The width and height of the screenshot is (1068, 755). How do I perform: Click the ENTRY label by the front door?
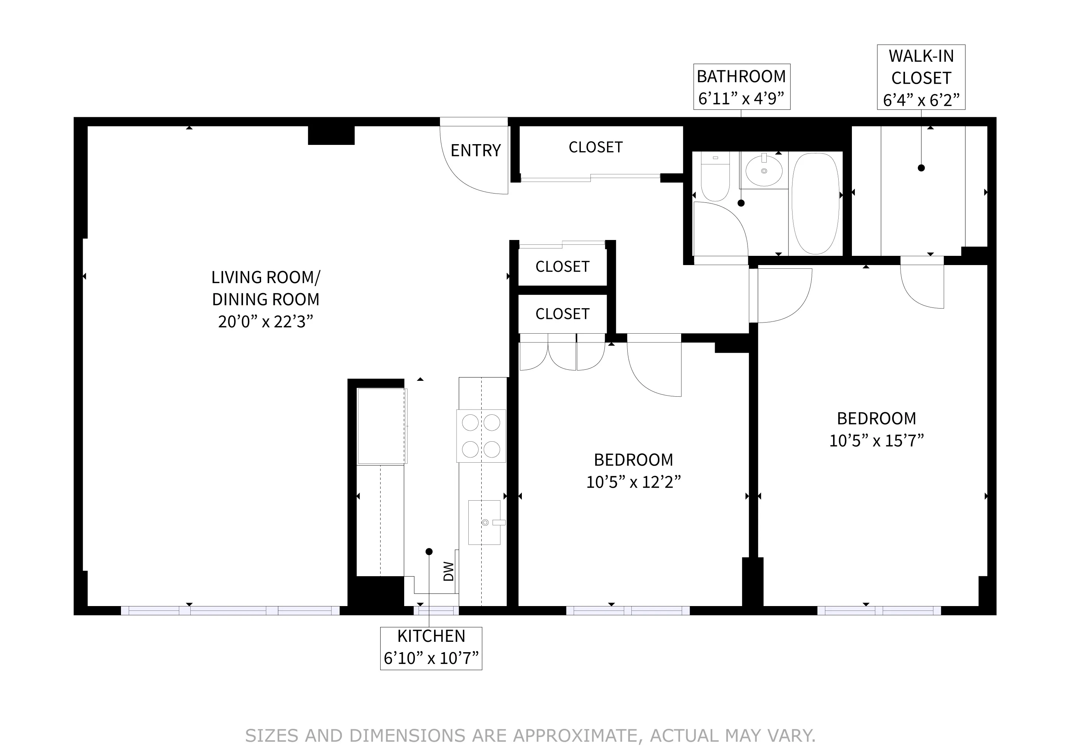point(475,151)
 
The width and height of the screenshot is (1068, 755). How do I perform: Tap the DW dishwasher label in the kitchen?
point(448,571)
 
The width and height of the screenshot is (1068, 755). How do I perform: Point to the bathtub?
point(815,203)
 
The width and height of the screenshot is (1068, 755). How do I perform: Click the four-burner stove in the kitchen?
point(481,436)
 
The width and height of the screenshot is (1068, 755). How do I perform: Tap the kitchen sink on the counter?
point(484,522)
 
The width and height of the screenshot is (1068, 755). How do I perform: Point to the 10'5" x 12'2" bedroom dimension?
point(633,482)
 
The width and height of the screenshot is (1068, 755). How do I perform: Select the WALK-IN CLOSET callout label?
point(920,67)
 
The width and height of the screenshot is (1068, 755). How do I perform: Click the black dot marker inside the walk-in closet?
point(921,168)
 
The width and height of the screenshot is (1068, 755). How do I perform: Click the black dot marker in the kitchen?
point(429,552)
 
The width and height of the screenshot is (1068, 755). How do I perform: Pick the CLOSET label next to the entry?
point(595,147)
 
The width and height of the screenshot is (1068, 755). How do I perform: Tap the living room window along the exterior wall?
point(230,610)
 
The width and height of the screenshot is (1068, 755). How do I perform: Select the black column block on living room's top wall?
point(331,135)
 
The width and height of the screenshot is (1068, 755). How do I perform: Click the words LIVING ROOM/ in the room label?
point(266,278)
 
